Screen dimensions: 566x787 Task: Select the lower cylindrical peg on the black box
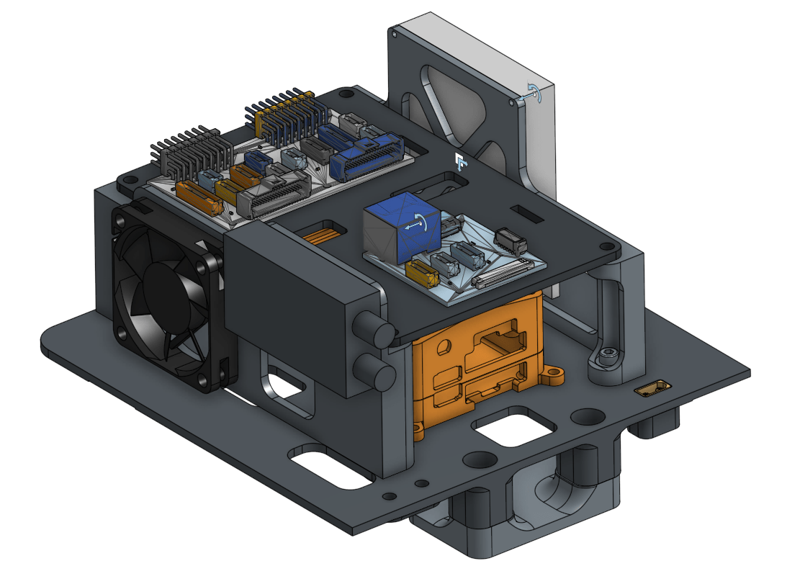pyautogui.click(x=377, y=373)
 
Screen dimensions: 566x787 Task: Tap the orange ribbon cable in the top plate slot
pyautogui.click(x=324, y=235)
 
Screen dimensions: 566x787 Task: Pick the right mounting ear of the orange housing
pyautogui.click(x=552, y=374)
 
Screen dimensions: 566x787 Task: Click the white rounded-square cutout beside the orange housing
pyautogui.click(x=513, y=428)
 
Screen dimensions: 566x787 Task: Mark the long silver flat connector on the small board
pyautogui.click(x=501, y=274)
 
